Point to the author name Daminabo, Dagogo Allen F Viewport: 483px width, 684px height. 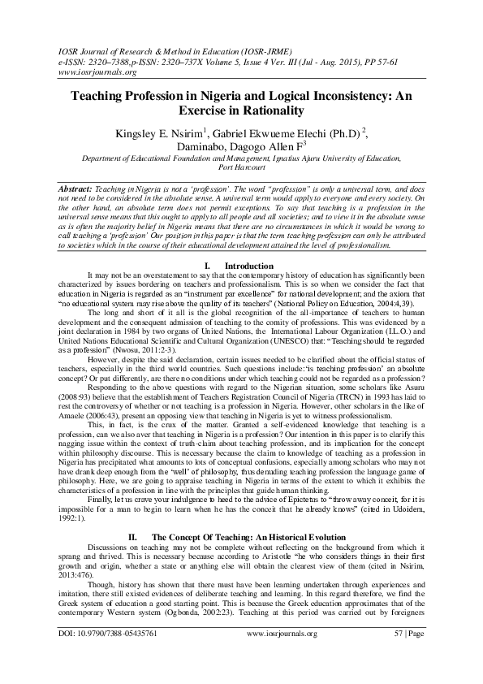238,149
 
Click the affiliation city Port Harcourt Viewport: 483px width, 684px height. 241,172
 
